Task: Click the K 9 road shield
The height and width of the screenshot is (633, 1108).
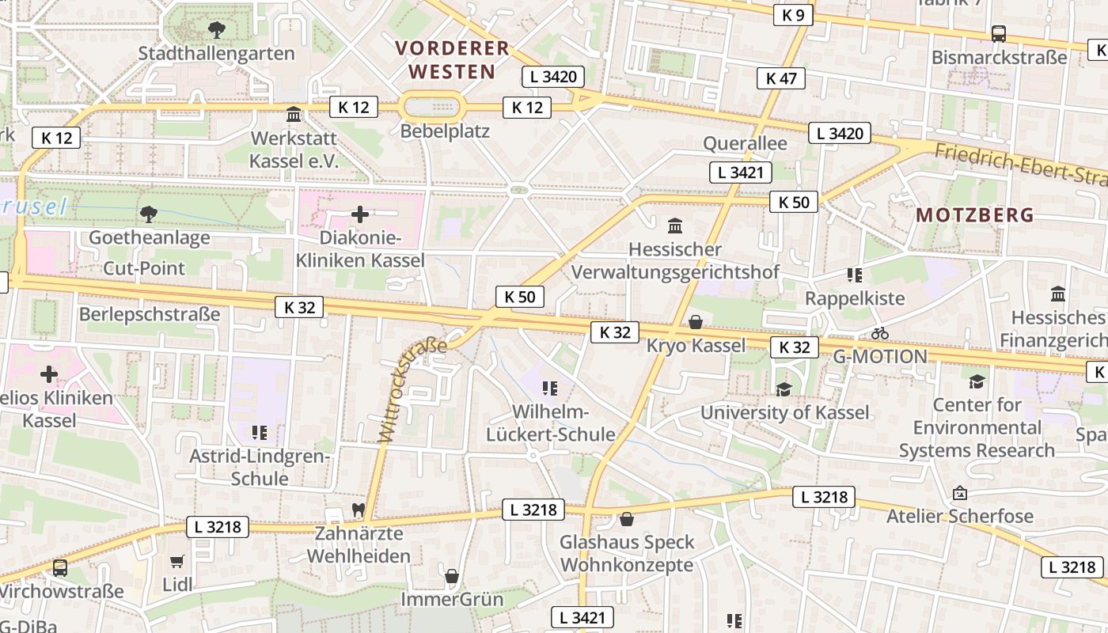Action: (792, 14)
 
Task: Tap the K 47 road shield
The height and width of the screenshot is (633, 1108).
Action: (781, 78)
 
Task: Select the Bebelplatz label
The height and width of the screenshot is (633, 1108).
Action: (445, 131)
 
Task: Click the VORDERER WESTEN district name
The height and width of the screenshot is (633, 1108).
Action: (452, 59)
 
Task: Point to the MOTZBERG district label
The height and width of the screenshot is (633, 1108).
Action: (975, 214)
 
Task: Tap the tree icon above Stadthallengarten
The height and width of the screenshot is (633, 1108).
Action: (216, 30)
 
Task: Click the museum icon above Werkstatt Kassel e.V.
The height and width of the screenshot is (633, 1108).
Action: (294, 114)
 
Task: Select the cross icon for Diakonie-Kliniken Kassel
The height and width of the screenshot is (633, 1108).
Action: (360, 214)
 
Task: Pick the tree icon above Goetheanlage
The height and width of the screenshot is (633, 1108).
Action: (148, 214)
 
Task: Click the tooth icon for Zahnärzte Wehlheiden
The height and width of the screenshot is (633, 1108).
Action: (359, 510)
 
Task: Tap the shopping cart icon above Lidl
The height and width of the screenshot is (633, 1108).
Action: (177, 561)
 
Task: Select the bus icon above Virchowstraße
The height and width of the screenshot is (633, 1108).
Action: (60, 567)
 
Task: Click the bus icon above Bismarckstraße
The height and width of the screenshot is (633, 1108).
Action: (998, 34)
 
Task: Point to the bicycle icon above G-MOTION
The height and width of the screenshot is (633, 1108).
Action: (879, 333)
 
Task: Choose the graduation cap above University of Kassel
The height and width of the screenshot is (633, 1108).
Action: (784, 389)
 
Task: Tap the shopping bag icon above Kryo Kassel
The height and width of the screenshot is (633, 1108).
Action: (696, 322)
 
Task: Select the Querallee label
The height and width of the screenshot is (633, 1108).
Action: (746, 143)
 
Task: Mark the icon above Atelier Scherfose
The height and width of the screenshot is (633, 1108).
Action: (960, 493)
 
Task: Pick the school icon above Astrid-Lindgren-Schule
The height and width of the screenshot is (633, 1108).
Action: (259, 433)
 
